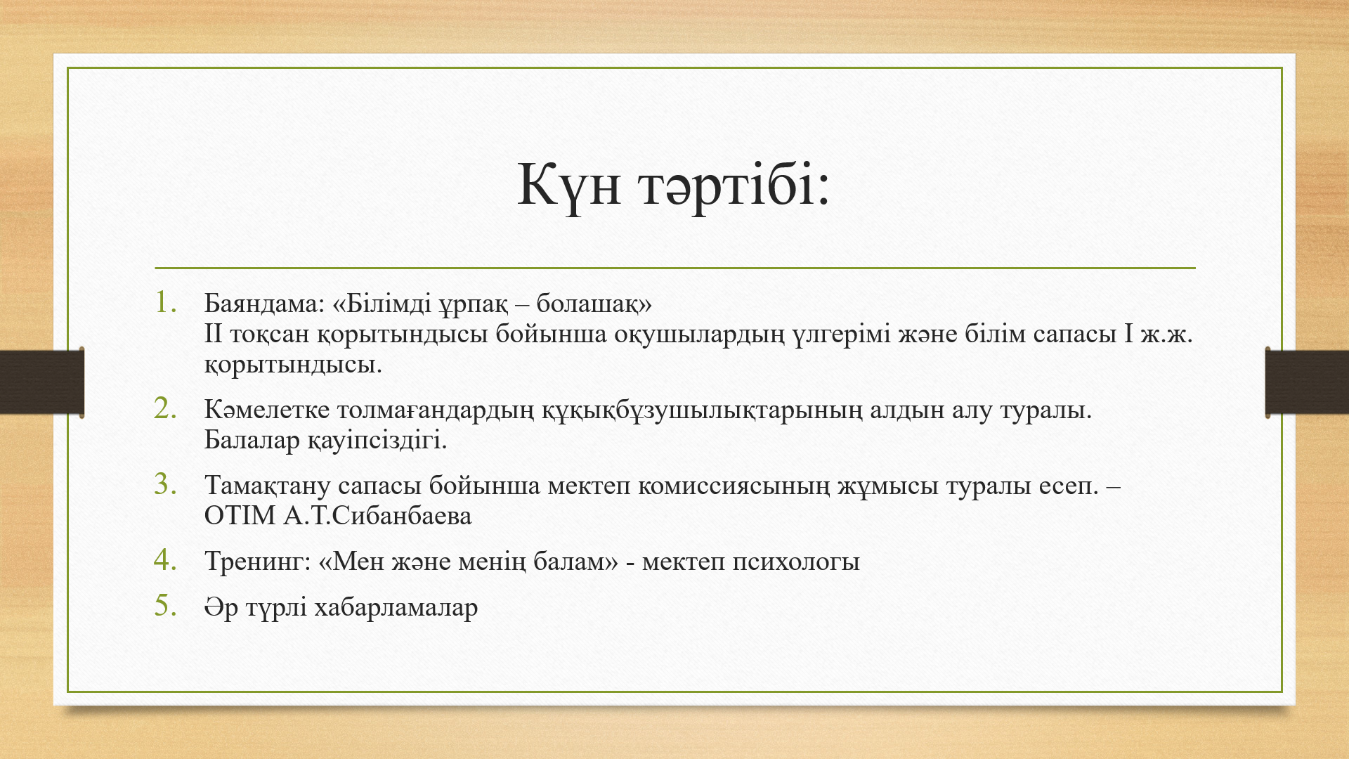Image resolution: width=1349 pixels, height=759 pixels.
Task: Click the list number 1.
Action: [x=165, y=301]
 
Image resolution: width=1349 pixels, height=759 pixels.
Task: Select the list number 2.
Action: [x=166, y=408]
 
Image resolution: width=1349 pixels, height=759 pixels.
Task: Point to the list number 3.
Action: [x=166, y=484]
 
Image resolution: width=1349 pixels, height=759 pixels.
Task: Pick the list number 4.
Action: [x=166, y=559]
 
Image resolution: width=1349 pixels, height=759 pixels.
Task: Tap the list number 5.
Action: [x=166, y=605]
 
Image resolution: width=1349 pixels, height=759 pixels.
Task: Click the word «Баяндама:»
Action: [x=265, y=304]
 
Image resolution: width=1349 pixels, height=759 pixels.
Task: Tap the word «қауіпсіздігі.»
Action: [x=377, y=441]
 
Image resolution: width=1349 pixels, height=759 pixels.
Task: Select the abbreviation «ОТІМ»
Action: [x=240, y=516]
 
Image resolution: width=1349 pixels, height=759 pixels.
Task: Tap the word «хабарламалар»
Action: [x=396, y=607]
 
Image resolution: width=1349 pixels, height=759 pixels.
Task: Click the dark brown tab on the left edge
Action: [x=42, y=382]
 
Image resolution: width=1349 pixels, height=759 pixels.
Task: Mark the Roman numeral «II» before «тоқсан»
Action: [x=213, y=334]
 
